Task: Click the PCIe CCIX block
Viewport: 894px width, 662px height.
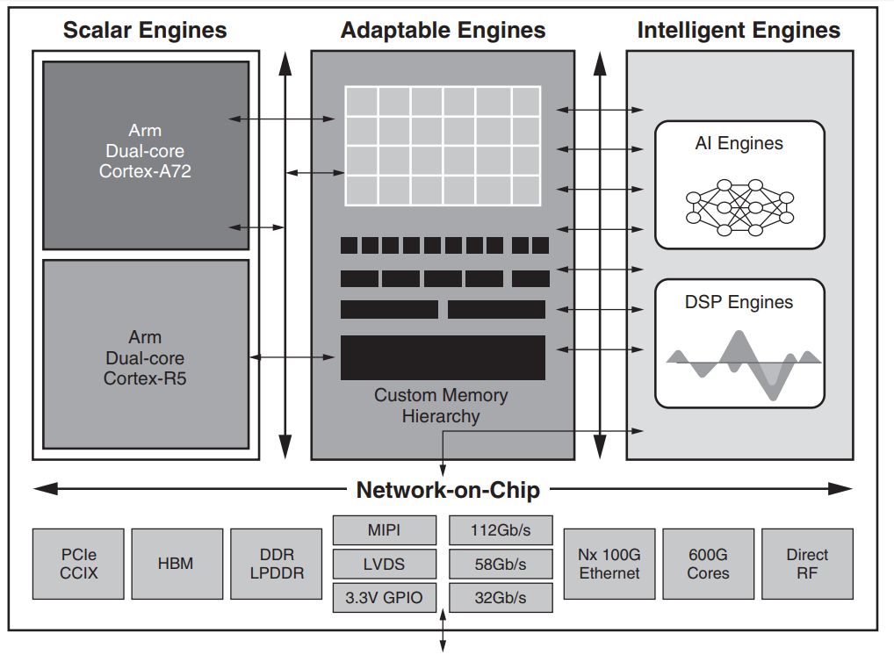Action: [79, 564]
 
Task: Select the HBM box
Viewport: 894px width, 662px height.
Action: [176, 564]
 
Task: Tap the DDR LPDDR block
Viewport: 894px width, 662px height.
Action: [277, 564]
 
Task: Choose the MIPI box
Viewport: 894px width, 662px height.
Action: [385, 530]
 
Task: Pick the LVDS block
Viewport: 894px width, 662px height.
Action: [385, 564]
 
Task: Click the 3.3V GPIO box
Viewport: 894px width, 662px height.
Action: [385, 598]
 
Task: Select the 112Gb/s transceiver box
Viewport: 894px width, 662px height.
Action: [501, 530]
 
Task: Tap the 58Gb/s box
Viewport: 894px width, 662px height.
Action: [501, 564]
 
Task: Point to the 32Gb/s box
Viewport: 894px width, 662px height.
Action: [501, 598]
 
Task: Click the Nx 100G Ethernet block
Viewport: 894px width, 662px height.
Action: [609, 564]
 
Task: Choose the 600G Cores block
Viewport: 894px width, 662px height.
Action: [708, 564]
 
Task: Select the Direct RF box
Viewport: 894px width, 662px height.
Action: [807, 564]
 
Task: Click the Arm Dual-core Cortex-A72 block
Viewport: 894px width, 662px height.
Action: [146, 155]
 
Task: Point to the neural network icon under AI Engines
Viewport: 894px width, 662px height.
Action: [739, 207]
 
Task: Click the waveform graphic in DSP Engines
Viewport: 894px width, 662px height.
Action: [743, 363]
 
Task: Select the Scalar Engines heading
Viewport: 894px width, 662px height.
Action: [145, 31]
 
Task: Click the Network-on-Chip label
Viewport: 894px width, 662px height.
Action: [448, 489]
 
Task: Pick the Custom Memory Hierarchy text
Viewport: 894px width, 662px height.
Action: [441, 406]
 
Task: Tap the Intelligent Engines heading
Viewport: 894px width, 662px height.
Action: [739, 31]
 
